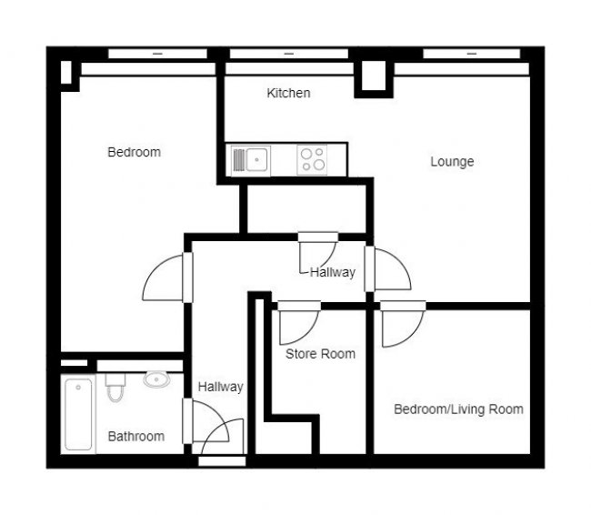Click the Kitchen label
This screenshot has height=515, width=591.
tap(288, 93)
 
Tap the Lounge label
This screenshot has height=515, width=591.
tap(452, 162)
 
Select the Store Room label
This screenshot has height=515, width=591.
tap(320, 353)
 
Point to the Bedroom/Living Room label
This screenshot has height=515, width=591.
tap(458, 409)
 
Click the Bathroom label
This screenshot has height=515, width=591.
tap(136, 436)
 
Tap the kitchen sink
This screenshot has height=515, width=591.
tap(250, 160)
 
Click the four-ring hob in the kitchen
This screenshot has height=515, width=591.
tap(314, 160)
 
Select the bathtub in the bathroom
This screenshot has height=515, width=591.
tap(79, 415)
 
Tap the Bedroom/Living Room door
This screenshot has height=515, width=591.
tap(400, 323)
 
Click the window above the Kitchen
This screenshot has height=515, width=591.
tap(290, 54)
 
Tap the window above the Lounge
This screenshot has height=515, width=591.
tap(472, 54)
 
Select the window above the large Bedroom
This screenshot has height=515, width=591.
tap(156, 54)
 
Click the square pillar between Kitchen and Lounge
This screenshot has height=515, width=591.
tap(373, 76)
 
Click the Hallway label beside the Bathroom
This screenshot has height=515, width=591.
tap(221, 387)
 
